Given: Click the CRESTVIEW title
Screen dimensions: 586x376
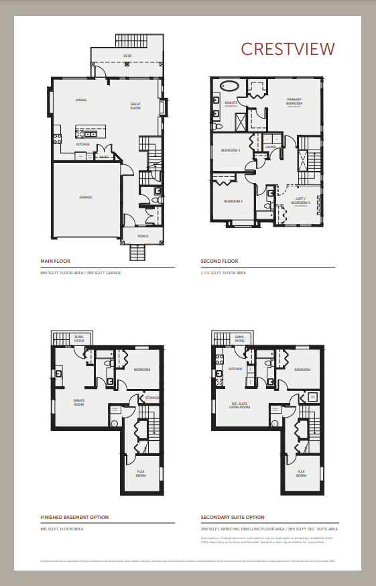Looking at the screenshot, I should point(287,48).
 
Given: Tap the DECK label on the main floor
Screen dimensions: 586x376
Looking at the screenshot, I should point(127,56).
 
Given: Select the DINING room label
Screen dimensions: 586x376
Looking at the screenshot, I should point(81,100).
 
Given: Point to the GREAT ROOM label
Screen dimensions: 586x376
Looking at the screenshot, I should point(135,105).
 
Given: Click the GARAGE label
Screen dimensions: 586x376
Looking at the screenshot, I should point(86,197).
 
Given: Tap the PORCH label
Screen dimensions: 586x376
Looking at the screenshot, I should point(143,236).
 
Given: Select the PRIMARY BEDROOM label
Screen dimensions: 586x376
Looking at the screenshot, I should point(294,102).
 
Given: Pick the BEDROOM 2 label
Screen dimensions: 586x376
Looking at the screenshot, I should point(231,150).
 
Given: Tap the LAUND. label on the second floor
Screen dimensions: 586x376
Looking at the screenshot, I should point(271,146).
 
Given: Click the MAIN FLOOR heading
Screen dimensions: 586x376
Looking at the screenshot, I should point(55,261).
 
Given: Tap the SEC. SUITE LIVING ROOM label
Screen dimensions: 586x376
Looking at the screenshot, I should point(239,405).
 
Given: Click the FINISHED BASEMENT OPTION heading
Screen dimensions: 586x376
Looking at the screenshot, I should point(74,517).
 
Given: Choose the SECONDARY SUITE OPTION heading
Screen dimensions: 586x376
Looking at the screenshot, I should point(233,517).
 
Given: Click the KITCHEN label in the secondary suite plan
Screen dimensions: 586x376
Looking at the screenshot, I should point(235,369).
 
